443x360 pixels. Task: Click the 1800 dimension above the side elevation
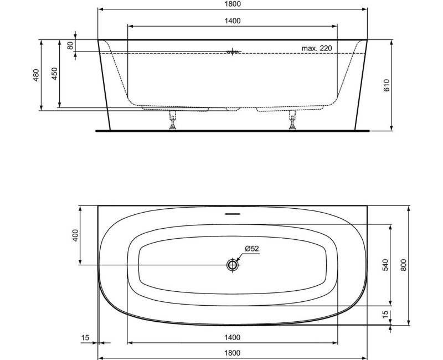pyautogui.click(x=233, y=4)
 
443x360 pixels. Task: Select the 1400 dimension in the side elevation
pyautogui.click(x=233, y=21)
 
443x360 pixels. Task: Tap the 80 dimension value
pyautogui.click(x=70, y=45)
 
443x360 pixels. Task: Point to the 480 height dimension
pyautogui.click(x=36, y=75)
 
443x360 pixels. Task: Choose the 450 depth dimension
pyautogui.click(x=54, y=74)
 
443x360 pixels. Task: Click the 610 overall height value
pyautogui.click(x=387, y=85)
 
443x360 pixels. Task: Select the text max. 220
pyautogui.click(x=317, y=48)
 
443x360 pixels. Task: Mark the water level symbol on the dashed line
pyautogui.click(x=233, y=52)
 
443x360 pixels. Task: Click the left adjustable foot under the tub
pyautogui.click(x=172, y=121)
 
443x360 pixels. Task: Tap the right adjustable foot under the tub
pyautogui.click(x=292, y=121)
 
